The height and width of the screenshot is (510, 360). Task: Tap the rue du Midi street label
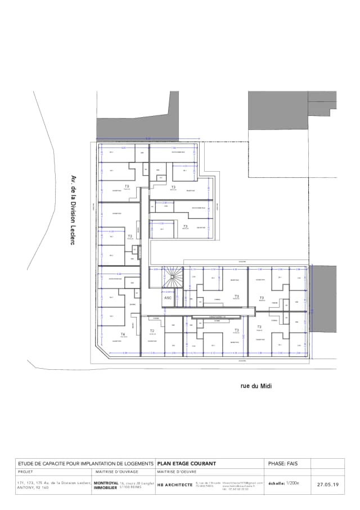[x=247, y=386]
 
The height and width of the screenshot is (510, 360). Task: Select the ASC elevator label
[x=168, y=298]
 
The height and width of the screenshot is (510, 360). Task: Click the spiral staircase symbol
[x=172, y=277]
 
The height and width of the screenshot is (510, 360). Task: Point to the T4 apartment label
[x=123, y=334]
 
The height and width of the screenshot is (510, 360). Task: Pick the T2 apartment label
[x=152, y=331]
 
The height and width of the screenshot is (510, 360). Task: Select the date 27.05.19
[x=327, y=484]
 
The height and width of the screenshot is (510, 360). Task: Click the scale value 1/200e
[x=292, y=483]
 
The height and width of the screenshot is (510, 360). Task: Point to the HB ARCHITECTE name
[x=175, y=484]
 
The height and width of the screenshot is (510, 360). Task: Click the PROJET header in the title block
[x=26, y=472]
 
